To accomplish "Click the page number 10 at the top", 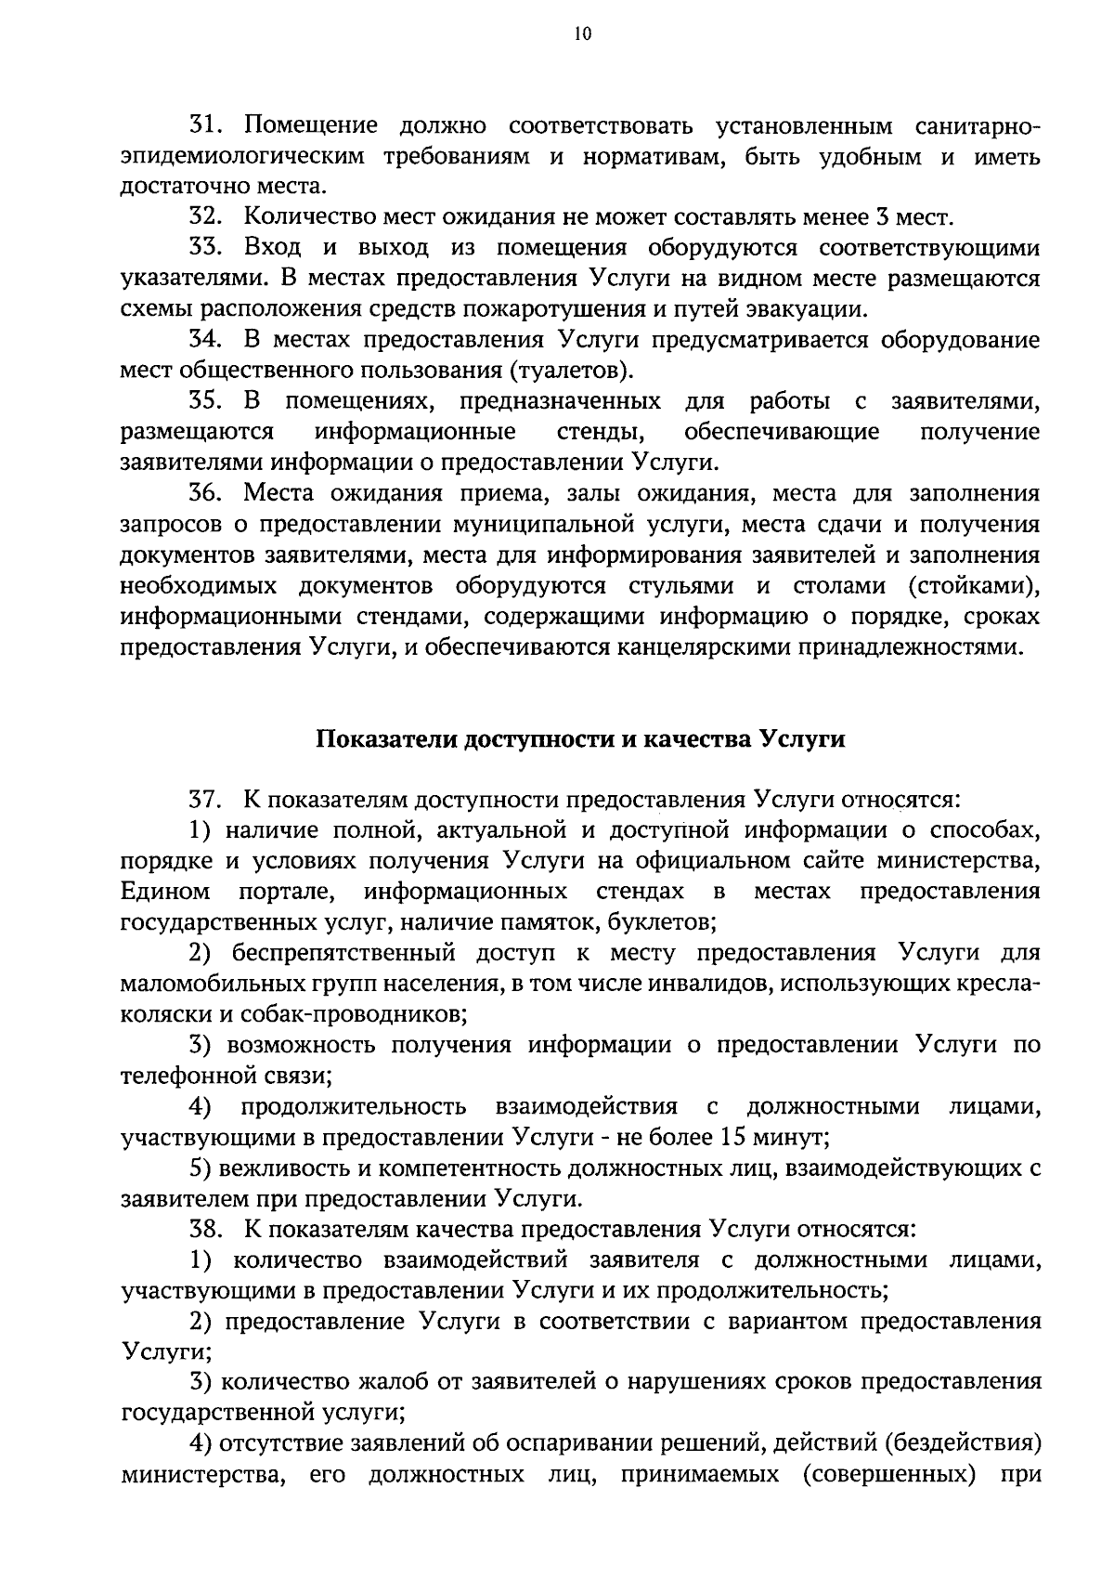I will pos(582,33).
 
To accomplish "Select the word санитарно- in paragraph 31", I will pos(977,126).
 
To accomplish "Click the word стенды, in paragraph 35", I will pos(602,433).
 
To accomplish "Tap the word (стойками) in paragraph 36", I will pos(973,586).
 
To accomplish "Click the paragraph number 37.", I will pos(203,801).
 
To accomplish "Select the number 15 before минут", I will pos(731,1138).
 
